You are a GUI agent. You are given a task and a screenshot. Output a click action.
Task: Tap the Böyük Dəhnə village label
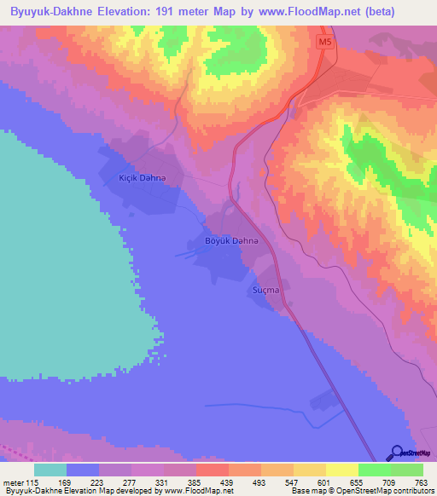[230, 241]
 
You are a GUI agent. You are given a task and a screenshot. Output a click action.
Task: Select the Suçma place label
[266, 291]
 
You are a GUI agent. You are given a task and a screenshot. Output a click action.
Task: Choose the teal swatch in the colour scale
[50, 470]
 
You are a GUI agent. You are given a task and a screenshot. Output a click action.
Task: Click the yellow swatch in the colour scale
[341, 470]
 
